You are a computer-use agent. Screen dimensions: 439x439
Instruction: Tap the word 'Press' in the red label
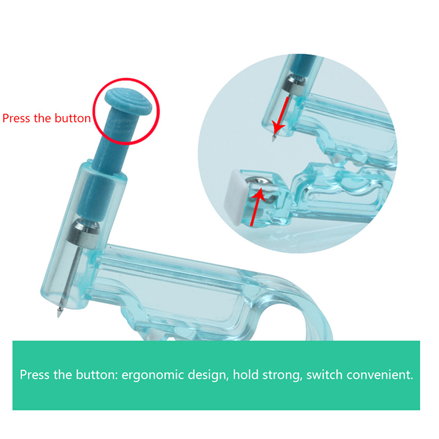(16, 118)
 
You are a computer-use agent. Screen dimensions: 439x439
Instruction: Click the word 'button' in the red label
(73, 118)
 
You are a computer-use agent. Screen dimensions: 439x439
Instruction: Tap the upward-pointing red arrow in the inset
(257, 207)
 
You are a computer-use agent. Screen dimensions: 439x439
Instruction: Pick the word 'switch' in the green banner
(324, 374)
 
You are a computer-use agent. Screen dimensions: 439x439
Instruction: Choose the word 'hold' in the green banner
(245, 374)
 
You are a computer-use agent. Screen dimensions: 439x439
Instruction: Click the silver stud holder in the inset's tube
(294, 83)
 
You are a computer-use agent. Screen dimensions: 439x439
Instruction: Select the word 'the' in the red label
(43, 118)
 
